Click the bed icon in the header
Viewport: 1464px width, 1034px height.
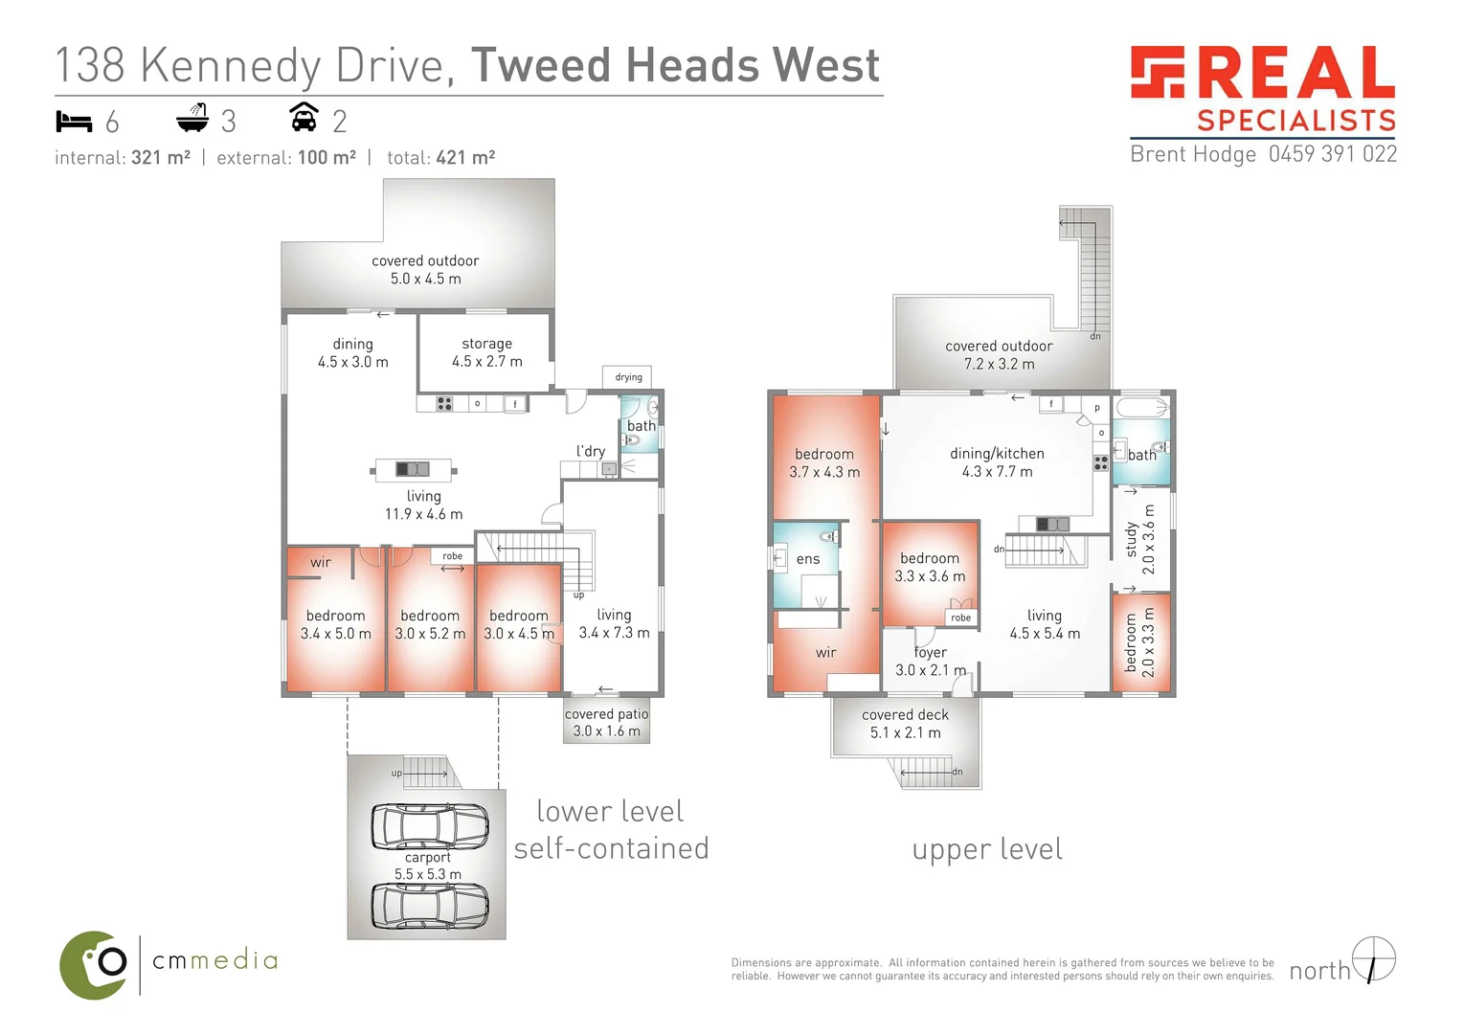[74, 122]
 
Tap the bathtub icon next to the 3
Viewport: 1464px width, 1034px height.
[192, 119]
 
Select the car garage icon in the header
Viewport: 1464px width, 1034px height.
[304, 118]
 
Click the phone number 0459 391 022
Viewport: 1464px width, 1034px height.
[1332, 154]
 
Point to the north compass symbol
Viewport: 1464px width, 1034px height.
[1374, 959]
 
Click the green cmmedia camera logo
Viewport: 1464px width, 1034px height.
[94, 965]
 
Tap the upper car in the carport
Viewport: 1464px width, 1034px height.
[429, 826]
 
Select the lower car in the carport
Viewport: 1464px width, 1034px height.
[429, 906]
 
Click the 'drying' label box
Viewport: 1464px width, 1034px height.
[628, 377]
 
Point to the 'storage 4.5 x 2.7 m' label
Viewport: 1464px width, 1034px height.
[487, 352]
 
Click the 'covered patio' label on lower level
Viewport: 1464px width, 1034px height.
[606, 714]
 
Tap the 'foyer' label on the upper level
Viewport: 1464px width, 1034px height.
[930, 652]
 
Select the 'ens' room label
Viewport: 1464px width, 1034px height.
[808, 559]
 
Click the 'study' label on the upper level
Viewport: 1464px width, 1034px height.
[1131, 539]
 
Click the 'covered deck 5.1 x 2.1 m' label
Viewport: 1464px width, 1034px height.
[905, 724]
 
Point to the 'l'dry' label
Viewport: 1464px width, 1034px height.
[591, 451]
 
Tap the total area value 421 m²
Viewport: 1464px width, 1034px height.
[465, 158]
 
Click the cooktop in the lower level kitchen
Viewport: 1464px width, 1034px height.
[444, 404]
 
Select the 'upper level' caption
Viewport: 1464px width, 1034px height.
[987, 850]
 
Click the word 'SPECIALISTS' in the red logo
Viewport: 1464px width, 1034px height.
[1296, 121]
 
